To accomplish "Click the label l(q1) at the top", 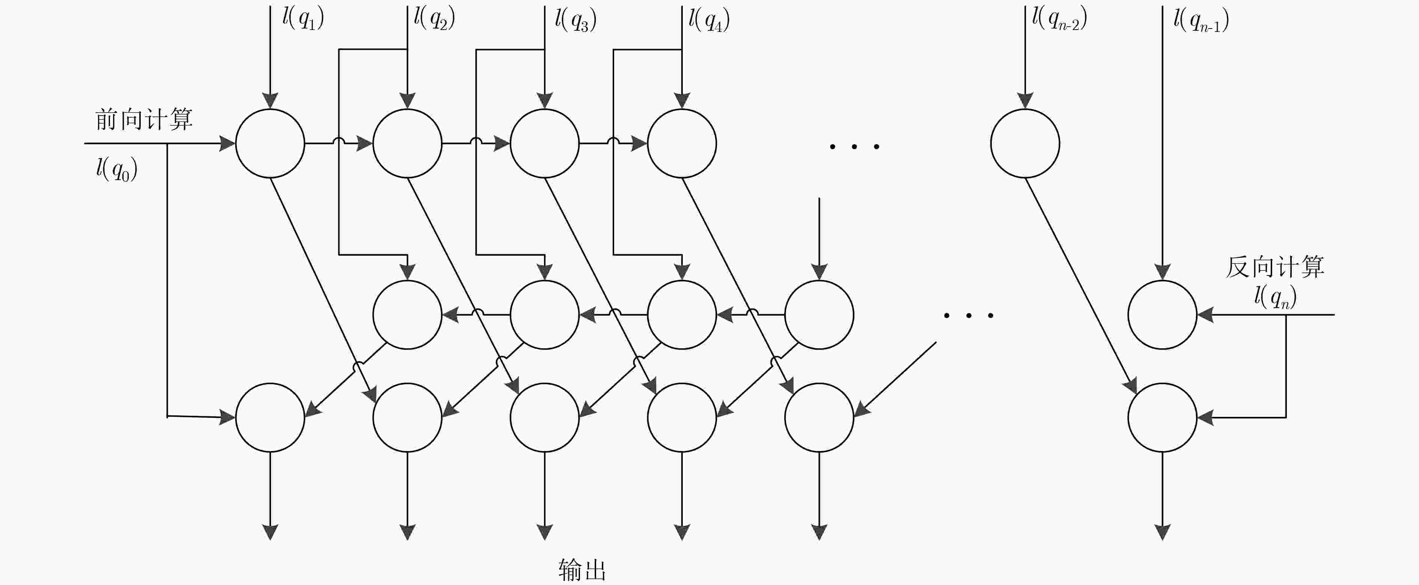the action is (x=303, y=19).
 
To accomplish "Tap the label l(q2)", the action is (x=435, y=19).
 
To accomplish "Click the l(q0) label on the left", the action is (x=117, y=169).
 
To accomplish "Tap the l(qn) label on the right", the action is (x=1275, y=297).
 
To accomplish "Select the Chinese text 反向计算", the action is (x=1275, y=267).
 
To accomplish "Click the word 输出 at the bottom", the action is (x=582, y=570).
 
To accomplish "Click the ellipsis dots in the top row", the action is (x=854, y=146).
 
